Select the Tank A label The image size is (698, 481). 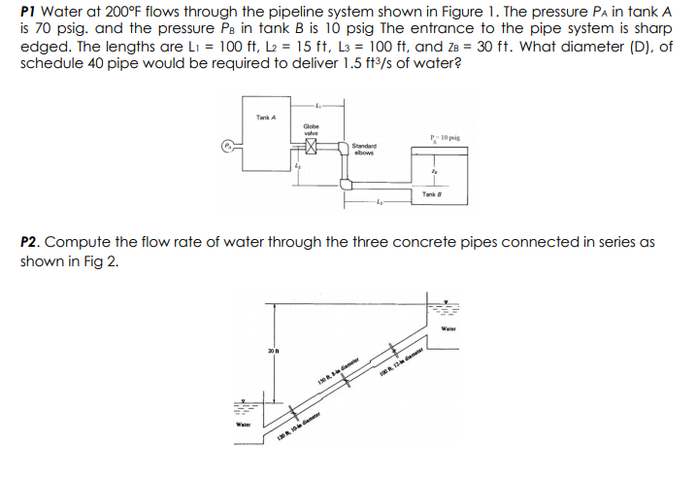266,119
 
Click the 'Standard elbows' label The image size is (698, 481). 365,149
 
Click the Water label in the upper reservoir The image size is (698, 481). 448,328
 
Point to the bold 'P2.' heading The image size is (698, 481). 31,239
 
